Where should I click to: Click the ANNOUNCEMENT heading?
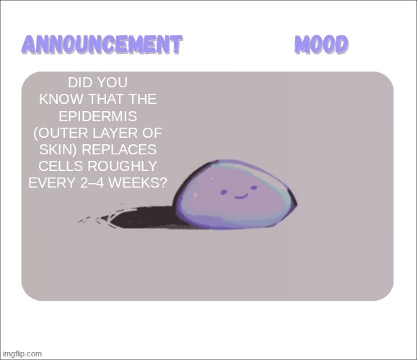click(x=101, y=45)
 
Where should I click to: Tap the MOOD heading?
click(x=322, y=45)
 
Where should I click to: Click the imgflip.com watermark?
click(x=22, y=354)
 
